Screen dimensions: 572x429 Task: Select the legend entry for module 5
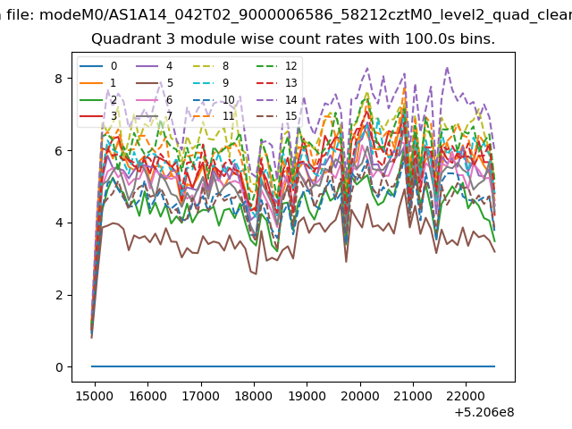[x=155, y=83]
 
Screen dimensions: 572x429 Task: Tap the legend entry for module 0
[x=98, y=66]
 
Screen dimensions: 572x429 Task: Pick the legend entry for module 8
[x=211, y=66]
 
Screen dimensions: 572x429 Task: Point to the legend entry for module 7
[x=155, y=116]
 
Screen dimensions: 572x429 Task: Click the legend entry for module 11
[x=214, y=116]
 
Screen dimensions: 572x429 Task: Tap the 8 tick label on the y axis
[x=59, y=79]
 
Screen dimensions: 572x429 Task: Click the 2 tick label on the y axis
[x=59, y=295]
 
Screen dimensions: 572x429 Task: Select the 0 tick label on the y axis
[x=59, y=367]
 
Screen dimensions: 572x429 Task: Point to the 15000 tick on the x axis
[x=95, y=396]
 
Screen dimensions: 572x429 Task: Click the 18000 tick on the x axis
[x=254, y=396]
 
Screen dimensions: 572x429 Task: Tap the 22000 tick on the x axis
[x=466, y=396]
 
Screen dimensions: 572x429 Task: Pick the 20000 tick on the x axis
[x=360, y=396]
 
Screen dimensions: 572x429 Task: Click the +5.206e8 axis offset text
[x=484, y=413]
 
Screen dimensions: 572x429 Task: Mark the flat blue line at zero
[x=293, y=366]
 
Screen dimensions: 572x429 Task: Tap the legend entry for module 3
[x=98, y=116]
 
